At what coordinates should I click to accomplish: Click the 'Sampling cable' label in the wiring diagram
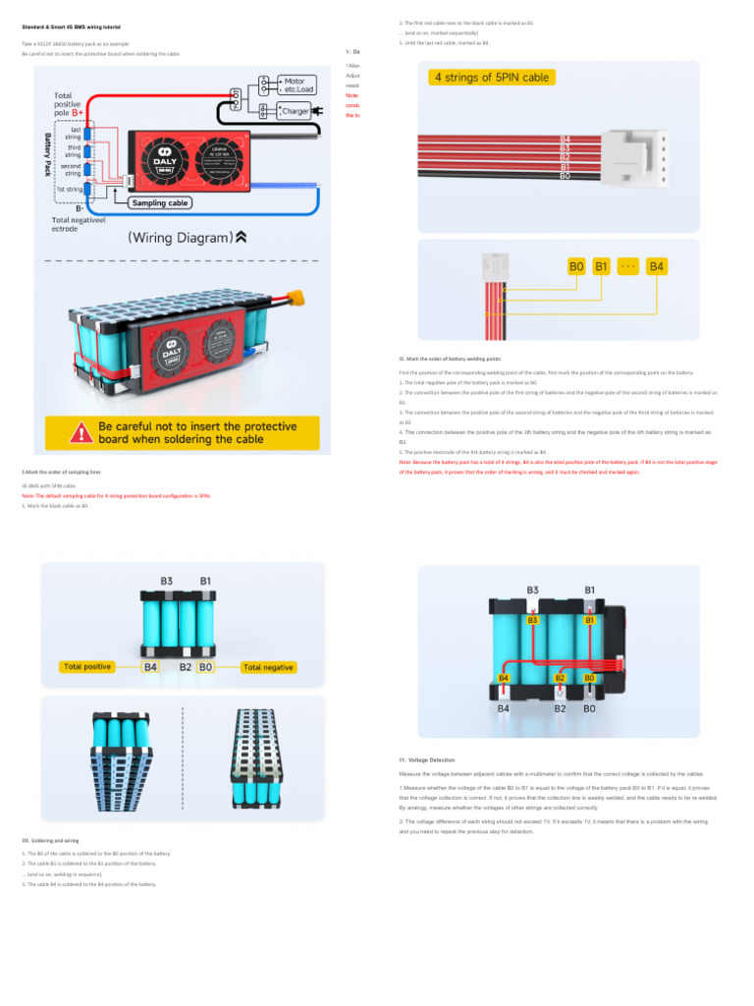161,203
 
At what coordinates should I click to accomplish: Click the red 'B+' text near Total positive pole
77,113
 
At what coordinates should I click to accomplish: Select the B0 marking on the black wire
565,176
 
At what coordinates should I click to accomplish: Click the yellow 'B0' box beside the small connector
576,266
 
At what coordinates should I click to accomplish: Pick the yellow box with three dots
628,266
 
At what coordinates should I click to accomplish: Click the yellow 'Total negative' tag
268,667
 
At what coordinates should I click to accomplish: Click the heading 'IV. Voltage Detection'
427,760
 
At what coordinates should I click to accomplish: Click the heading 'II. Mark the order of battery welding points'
457,360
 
